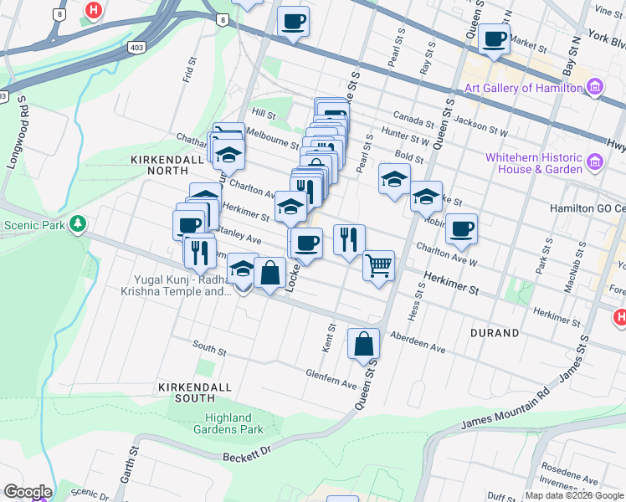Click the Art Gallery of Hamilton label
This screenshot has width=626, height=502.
523,88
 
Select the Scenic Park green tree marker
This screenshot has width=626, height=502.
78,223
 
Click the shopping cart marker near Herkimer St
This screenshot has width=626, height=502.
378,265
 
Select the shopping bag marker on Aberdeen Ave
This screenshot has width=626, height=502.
363,343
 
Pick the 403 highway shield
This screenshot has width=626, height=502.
137,49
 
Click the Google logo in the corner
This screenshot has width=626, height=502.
27,492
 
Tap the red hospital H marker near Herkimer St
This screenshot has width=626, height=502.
620,317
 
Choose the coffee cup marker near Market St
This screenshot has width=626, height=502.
494,38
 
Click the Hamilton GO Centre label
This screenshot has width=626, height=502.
598,208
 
